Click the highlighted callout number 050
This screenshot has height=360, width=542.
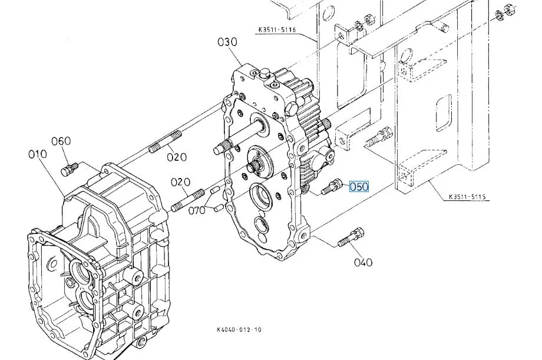click(x=359, y=187)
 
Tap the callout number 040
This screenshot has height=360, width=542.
click(x=363, y=262)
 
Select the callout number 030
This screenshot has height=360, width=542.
click(x=227, y=42)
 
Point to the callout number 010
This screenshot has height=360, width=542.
click(x=37, y=154)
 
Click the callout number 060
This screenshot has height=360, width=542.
click(x=61, y=141)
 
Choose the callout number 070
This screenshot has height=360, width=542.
click(x=197, y=210)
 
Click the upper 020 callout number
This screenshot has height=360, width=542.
click(x=177, y=157)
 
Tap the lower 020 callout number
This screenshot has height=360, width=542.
click(x=180, y=182)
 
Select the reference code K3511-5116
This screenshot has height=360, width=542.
click(x=277, y=29)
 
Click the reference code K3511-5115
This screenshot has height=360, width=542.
click(x=467, y=197)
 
